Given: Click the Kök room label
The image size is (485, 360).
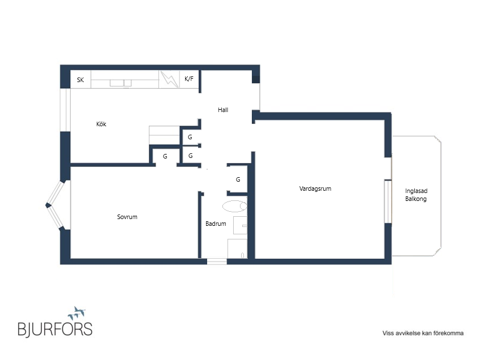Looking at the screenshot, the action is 101,124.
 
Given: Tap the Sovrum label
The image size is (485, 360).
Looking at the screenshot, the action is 127,217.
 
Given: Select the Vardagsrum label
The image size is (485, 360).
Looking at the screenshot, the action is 315,188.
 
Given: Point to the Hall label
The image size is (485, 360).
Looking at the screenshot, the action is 223,110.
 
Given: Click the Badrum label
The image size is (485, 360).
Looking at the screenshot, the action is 216,224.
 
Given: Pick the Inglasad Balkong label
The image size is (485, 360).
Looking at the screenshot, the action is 416,195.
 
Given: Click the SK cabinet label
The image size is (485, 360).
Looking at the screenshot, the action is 80,80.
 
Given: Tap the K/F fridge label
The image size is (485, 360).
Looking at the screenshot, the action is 189,79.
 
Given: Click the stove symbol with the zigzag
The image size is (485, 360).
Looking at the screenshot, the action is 169,79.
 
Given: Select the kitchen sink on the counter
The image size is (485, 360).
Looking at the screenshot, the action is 121,83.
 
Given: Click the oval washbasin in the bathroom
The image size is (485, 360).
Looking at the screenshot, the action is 235,206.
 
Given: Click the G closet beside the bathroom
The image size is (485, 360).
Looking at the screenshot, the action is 238,179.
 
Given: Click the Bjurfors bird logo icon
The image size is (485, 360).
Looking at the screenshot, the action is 76,313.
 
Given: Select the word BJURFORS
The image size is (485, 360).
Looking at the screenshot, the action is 55,329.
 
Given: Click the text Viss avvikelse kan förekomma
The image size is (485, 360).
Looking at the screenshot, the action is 423,333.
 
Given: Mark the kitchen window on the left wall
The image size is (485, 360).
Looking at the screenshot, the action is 65,110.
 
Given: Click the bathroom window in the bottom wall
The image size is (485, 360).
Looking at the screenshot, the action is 217,262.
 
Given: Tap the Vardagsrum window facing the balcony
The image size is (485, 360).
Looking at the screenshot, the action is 388,202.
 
